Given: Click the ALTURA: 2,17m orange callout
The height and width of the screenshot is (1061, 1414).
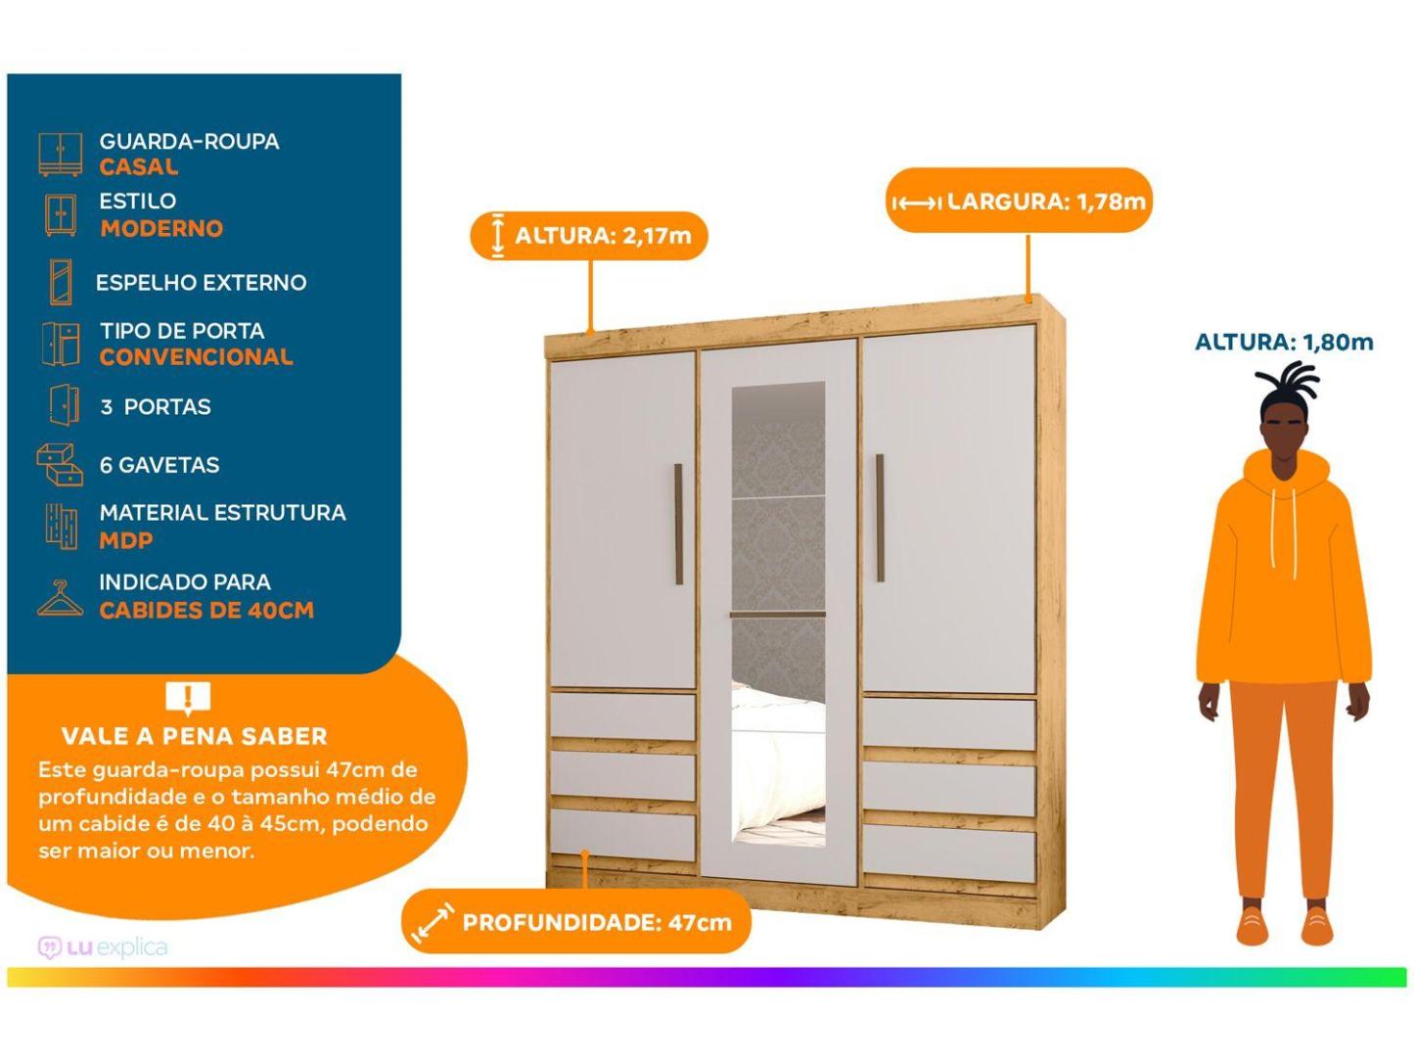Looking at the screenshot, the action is point(589,236).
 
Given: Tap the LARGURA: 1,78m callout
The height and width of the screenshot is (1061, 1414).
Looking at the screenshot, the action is point(1019,201).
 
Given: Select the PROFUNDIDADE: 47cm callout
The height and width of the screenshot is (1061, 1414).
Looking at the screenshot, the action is point(576,922).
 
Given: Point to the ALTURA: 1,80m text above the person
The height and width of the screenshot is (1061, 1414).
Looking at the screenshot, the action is point(1284,342).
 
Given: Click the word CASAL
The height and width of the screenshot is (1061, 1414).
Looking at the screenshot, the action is point(139,167).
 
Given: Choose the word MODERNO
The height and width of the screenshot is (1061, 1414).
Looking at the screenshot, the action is point(161,229).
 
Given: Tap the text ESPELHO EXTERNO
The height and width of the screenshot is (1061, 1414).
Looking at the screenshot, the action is point(201,283).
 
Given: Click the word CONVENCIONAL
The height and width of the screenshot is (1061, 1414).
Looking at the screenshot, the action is point(196,357).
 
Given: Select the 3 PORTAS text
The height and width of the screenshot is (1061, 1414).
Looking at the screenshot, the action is point(156,407).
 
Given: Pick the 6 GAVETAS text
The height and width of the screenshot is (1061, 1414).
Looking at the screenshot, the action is point(160,465).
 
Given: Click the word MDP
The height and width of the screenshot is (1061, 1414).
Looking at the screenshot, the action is point(125,540).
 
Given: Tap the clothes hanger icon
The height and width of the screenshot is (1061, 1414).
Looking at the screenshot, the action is point(60,598).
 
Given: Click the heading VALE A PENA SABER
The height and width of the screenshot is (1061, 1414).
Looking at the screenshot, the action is point(195,736).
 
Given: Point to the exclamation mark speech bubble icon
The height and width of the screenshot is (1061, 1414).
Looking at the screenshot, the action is point(188,698).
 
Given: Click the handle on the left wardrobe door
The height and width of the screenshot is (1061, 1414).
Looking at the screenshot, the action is point(678,525).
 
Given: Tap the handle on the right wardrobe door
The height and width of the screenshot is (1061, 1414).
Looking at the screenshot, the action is point(880,518).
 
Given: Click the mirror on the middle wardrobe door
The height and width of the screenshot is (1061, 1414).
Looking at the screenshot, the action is point(778,614).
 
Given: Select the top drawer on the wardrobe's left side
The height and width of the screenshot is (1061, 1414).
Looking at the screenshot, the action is point(622,716).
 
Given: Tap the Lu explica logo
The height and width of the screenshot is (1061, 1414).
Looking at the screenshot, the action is point(103,947).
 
